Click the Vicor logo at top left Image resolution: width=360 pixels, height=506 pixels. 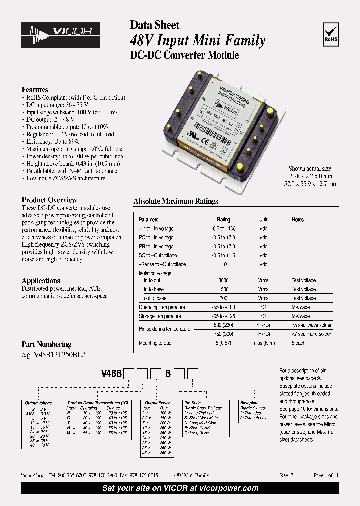pyautogui.click(x=60, y=33)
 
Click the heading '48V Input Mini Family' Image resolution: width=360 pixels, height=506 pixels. pyautogui.click(x=197, y=40)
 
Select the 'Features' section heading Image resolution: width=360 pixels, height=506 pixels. pyautogui.click(x=35, y=89)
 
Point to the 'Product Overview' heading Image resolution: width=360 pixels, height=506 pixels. pyautogui.click(x=49, y=200)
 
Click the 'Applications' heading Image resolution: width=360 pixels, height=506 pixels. pyautogui.click(x=41, y=281)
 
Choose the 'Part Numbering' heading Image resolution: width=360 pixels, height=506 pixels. pyautogui.click(x=46, y=344)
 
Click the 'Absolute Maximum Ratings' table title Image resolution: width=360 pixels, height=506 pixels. pyautogui.click(x=176, y=201)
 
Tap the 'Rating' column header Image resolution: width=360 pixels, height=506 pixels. pyautogui.click(x=223, y=220)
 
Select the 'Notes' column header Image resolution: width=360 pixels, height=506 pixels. pyautogui.click(x=298, y=220)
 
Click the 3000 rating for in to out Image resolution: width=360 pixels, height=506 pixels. pyautogui.click(x=223, y=281)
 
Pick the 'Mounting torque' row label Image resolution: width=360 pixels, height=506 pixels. pyautogui.click(x=155, y=343)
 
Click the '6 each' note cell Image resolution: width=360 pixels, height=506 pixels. pyautogui.click(x=299, y=343)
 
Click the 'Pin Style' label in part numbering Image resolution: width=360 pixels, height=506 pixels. pyautogui.click(x=192, y=403)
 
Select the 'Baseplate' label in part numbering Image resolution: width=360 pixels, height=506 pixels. pyautogui.click(x=249, y=403)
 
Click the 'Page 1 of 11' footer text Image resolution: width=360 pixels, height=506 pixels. pyautogui.click(x=326, y=475)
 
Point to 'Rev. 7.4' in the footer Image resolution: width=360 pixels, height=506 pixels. pyautogui.click(x=288, y=475)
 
